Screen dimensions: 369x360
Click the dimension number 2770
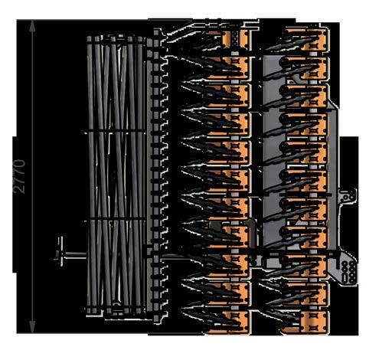coord(20,176)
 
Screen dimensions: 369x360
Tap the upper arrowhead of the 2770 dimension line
coord(32,25)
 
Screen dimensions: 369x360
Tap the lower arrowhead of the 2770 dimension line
coord(32,327)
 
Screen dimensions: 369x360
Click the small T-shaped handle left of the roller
coord(60,252)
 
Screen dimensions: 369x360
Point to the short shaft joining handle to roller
coord(76,254)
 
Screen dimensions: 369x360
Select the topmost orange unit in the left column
coord(237,38)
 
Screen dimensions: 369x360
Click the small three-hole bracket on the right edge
coord(347,197)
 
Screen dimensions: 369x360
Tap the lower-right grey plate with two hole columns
coord(347,272)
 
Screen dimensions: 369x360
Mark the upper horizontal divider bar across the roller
coord(115,132)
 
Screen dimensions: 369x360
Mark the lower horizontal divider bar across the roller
coord(115,219)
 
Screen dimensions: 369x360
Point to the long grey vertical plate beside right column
coord(332,178)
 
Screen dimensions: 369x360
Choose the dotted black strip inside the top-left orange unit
coord(236,38)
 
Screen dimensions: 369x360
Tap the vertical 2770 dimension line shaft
coord(32,176)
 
